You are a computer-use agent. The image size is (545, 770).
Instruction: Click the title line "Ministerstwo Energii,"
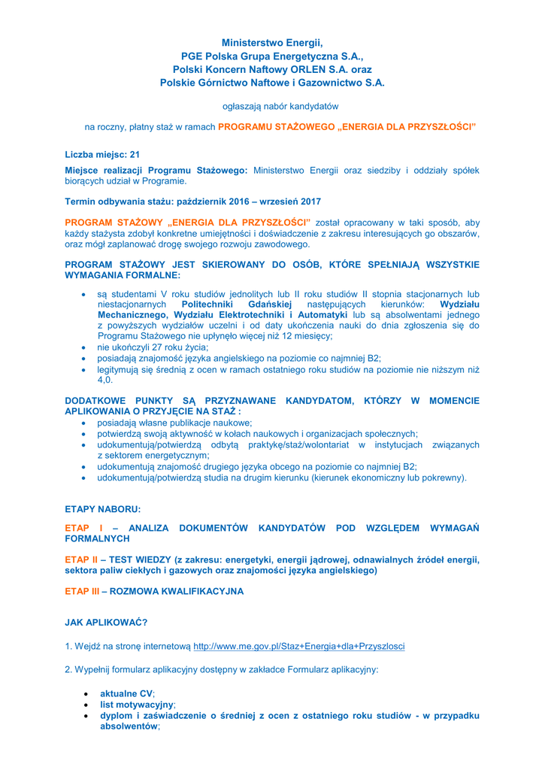[272, 43]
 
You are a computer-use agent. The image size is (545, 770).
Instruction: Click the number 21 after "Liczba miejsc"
[135, 154]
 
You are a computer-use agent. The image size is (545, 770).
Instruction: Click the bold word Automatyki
[324, 314]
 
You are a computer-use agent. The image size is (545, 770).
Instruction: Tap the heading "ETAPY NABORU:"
[103, 509]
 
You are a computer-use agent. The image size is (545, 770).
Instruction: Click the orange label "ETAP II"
[81, 559]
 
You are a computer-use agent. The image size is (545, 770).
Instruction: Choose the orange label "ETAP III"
[83, 592]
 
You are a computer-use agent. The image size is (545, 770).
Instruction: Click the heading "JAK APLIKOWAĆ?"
[106, 622]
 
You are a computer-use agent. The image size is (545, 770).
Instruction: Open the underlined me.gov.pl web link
[298, 646]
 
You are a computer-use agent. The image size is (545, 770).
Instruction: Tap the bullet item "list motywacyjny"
[137, 705]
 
